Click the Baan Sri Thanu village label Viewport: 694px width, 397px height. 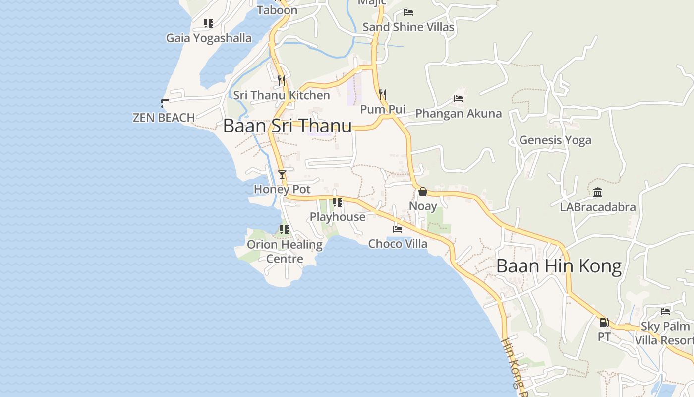[288, 126]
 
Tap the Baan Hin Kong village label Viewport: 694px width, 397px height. [559, 266]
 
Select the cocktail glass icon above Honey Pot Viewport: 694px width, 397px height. [282, 175]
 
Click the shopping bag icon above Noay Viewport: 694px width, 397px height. [423, 192]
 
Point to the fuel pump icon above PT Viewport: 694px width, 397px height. [604, 323]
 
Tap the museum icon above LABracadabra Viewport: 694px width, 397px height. [598, 193]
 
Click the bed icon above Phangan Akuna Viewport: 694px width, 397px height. [459, 99]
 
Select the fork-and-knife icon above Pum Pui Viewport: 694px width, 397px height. [383, 94]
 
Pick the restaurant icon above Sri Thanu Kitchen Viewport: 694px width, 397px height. [282, 80]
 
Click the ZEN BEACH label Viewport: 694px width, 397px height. [164, 118]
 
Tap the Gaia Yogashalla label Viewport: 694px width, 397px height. [209, 38]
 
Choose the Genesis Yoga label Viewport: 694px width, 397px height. [555, 140]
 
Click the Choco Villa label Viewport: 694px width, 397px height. [398, 244]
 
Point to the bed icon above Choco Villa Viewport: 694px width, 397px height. [398, 229]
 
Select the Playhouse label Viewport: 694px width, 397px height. [338, 217]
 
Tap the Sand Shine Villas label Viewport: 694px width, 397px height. [408, 27]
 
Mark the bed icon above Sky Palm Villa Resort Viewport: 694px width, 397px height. [665, 312]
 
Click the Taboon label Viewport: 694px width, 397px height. [277, 10]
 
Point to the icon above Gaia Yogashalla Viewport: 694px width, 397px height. [209, 23]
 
